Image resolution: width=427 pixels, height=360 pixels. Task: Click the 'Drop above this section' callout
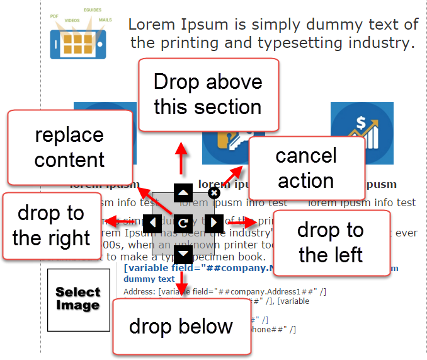click(208, 95)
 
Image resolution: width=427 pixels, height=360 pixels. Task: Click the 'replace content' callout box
click(69, 147)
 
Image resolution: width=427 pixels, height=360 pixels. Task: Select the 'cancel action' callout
click(307, 168)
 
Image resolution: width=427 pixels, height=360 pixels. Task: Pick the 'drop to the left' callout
click(331, 243)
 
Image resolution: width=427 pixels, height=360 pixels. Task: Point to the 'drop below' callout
click(181, 327)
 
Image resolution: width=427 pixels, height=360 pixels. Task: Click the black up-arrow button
click(183, 193)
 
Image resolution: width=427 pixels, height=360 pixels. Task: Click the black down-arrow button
click(183, 253)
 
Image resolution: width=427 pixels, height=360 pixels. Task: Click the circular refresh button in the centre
click(183, 223)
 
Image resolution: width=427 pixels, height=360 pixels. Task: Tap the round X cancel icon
click(214, 193)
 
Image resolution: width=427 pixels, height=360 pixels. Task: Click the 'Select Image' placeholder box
click(78, 299)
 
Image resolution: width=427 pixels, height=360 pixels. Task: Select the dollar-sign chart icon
click(362, 133)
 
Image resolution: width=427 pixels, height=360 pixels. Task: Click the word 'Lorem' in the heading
click(152, 25)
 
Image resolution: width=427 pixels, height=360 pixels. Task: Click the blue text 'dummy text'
click(149, 279)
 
